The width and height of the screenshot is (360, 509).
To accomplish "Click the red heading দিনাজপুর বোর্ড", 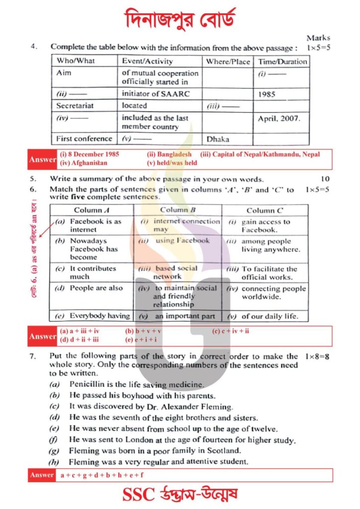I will [x=180, y=19].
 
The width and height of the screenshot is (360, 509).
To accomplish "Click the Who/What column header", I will [x=76, y=61].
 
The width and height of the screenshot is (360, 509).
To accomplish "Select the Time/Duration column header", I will [x=282, y=62].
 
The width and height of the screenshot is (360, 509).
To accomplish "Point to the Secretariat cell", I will [x=75, y=105].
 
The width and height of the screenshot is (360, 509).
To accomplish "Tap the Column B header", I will [x=177, y=210].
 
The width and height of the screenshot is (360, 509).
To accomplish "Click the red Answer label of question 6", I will [x=43, y=337].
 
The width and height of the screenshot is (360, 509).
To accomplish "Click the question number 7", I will [x=33, y=356].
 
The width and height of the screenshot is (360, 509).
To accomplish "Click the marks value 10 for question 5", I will [x=325, y=179].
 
